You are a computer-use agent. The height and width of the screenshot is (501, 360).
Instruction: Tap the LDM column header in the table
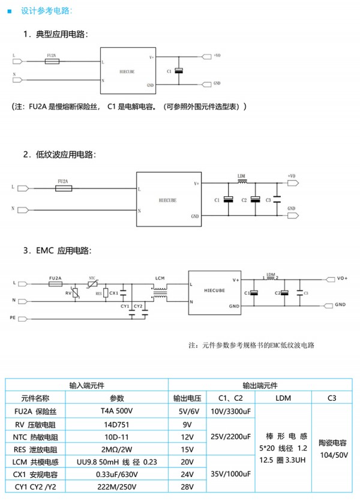(x=284, y=398)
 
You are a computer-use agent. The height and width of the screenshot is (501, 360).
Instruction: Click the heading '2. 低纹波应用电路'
(x=60, y=154)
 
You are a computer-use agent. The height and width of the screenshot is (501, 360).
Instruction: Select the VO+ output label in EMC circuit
(x=342, y=278)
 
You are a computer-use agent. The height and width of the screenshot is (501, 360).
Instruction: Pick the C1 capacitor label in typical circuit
(x=169, y=71)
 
